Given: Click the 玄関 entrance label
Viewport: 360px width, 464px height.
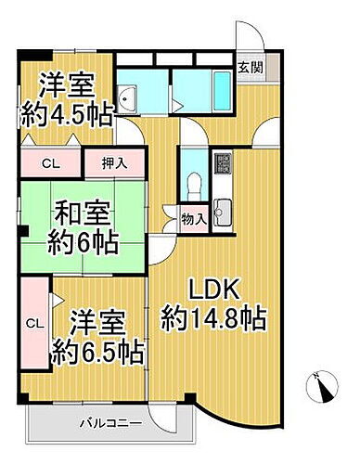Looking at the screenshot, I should tap(249, 67).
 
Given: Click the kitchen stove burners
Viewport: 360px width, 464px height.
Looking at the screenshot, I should tap(224, 166).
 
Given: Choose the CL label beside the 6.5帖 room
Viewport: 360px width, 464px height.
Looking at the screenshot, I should tap(33, 323).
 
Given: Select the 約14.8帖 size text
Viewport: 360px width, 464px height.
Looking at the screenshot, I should tap(213, 319).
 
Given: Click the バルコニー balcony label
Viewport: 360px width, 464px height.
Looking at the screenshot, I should tap(109, 423).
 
